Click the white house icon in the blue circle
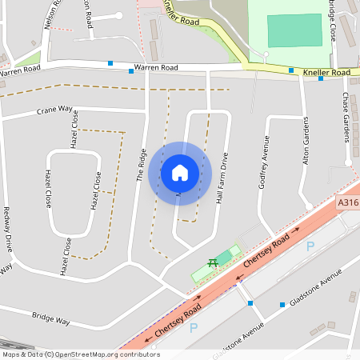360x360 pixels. point(179,173)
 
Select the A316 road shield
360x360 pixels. point(348,204)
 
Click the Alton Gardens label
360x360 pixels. point(305,142)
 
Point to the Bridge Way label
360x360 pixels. point(52,319)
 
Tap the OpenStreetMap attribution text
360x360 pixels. point(80,354)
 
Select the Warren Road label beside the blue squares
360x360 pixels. point(156,68)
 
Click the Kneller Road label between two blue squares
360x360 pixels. point(326,73)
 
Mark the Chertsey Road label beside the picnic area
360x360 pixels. point(267,252)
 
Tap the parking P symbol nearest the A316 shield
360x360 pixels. point(310,246)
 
